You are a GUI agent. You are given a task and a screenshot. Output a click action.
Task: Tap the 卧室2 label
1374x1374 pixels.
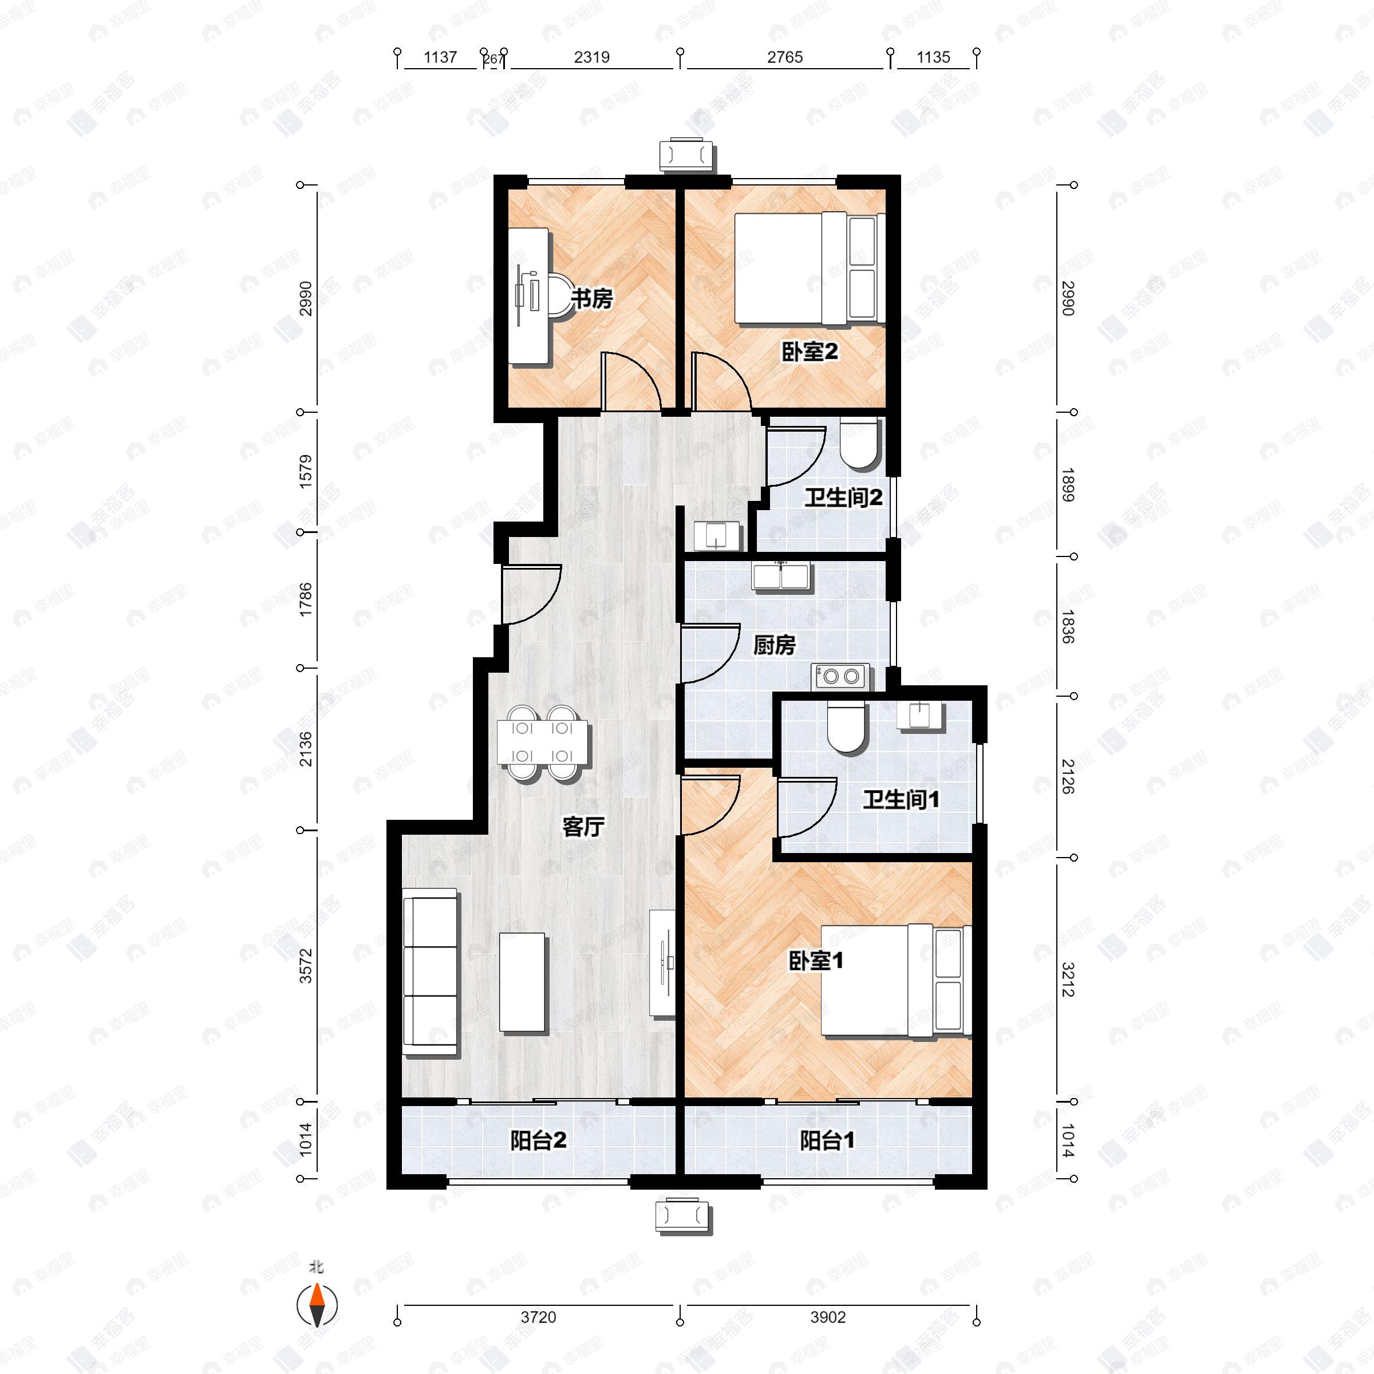810,352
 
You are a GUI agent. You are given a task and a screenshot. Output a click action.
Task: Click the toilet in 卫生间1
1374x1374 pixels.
846,728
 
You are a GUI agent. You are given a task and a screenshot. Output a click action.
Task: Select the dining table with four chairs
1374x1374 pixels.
543,743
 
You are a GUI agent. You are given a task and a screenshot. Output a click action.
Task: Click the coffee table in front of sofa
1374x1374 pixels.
523,982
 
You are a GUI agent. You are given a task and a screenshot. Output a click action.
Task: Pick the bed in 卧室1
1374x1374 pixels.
896,980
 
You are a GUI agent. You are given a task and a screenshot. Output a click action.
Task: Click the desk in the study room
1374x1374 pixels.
529,296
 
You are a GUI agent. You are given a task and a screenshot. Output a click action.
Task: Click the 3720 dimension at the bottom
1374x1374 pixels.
538,1317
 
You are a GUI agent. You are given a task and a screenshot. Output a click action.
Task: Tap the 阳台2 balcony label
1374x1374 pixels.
538,1141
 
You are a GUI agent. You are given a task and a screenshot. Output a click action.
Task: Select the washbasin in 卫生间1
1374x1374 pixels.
919,716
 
